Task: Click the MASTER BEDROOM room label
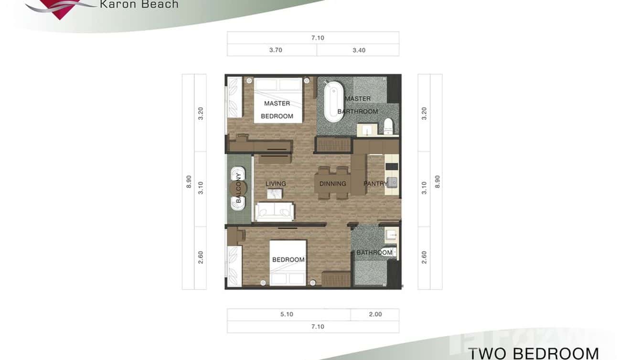pyautogui.click(x=277, y=109)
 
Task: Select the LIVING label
pyautogui.click(x=276, y=184)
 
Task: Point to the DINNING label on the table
pyautogui.click(x=333, y=184)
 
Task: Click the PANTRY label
pyautogui.click(x=375, y=184)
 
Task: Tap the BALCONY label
pyautogui.click(x=238, y=188)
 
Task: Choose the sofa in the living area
pyautogui.click(x=274, y=212)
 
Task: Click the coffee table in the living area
pyautogui.click(x=274, y=193)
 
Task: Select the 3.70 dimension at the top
pyautogui.click(x=276, y=50)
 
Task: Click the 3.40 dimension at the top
pyautogui.click(x=359, y=50)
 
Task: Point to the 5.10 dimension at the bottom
pyautogui.click(x=287, y=315)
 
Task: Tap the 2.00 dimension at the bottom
pyautogui.click(x=375, y=315)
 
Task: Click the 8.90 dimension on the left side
pyautogui.click(x=189, y=181)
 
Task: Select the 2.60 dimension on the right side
pyautogui.click(x=424, y=257)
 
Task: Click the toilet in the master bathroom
pyautogui.click(x=388, y=126)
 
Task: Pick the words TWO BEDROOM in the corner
pyautogui.click(x=533, y=353)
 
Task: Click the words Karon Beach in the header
pyautogui.click(x=139, y=5)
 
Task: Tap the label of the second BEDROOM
pyautogui.click(x=288, y=260)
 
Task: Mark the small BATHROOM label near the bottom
pyautogui.click(x=374, y=253)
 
